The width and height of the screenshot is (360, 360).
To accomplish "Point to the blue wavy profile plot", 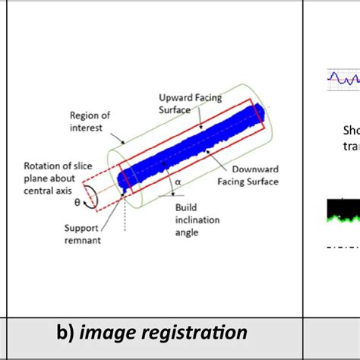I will pos(343,77).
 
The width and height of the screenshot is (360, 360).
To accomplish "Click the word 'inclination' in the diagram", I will pos(197,220).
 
